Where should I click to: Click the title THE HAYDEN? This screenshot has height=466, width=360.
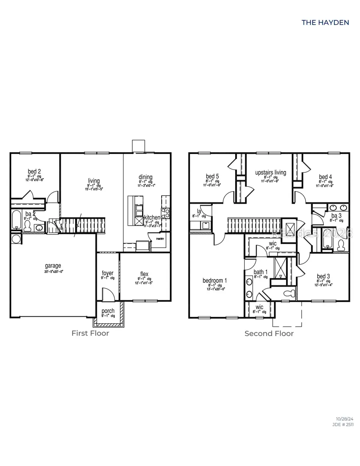click(x=325, y=22)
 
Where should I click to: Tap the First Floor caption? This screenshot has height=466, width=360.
click(x=90, y=333)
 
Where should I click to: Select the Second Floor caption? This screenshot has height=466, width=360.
click(x=269, y=333)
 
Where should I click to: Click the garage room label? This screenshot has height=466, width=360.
click(x=53, y=266)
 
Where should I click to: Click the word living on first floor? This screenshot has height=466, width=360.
click(x=94, y=181)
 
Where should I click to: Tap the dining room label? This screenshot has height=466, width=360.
click(x=146, y=177)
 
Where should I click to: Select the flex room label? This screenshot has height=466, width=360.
click(x=144, y=274)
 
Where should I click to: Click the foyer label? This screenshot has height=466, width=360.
click(x=107, y=273)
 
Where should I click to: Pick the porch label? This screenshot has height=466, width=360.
click(x=108, y=311)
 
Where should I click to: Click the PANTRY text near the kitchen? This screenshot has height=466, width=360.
click(x=160, y=238)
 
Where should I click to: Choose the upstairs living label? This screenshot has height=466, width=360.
click(x=271, y=172)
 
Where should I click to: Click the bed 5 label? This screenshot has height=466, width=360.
click(x=212, y=176)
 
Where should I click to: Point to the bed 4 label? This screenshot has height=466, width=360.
click(x=325, y=176)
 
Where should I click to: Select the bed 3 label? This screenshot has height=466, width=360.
click(x=323, y=276)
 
